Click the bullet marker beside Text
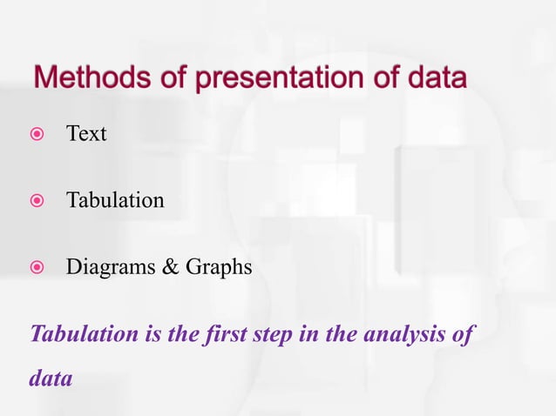pyautogui.click(x=34, y=135)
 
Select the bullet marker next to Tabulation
pyautogui.click(x=34, y=201)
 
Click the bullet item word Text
pyautogui.click(x=86, y=134)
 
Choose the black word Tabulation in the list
pyautogui.click(x=115, y=200)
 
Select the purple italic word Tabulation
pyautogui.click(x=84, y=334)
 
